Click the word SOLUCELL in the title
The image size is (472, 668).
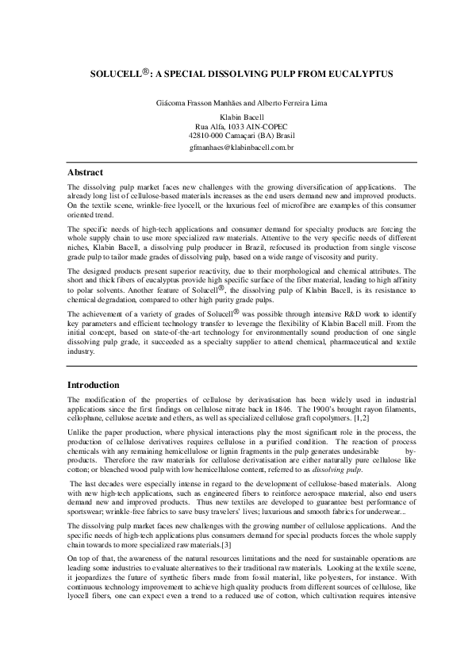pyautogui.click(x=117, y=72)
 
